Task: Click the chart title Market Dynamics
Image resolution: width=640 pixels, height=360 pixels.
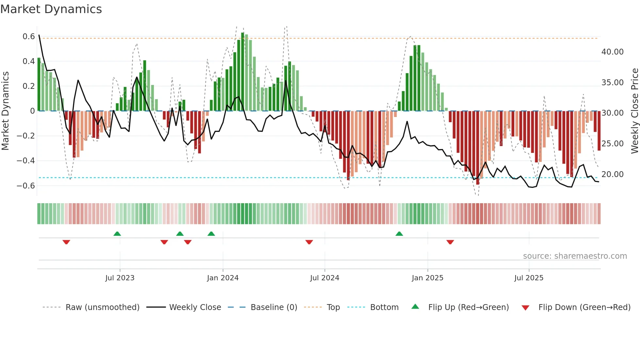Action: [x=51, y=9]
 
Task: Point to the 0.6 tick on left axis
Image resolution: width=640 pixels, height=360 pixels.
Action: [x=28, y=37]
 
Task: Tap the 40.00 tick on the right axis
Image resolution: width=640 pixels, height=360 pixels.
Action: [x=612, y=52]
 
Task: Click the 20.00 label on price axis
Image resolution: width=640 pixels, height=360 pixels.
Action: [x=612, y=174]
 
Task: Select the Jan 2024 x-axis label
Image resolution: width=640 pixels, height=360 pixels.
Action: [x=223, y=278]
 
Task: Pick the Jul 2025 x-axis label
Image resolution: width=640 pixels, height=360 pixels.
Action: [x=529, y=278]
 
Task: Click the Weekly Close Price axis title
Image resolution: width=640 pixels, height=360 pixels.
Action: [x=634, y=111]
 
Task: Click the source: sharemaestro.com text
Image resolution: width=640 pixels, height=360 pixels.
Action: [x=575, y=256]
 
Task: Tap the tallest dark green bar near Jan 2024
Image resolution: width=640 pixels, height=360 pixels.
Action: [x=243, y=72]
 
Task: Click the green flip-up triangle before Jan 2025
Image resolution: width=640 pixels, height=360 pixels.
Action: [x=399, y=234]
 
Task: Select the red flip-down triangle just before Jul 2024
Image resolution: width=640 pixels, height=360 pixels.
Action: [x=309, y=242]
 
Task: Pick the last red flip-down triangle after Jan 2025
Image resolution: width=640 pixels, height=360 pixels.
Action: [x=450, y=242]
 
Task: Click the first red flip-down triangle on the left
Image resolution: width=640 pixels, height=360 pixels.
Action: [x=66, y=242]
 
